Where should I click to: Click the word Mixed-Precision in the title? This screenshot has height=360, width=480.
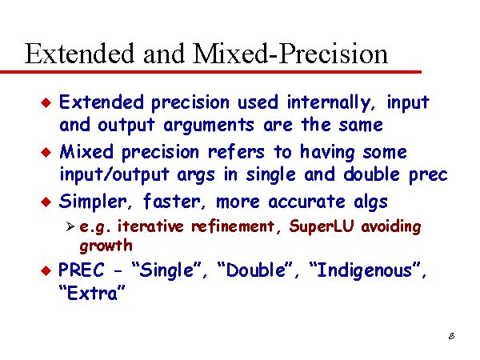pos(290,54)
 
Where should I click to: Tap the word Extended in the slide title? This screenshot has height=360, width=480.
pos(79,54)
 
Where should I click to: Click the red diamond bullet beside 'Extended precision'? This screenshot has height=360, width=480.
pos(46,103)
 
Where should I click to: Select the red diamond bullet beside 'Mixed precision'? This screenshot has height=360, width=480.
pos(46,152)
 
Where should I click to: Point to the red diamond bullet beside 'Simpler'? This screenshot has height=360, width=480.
pos(46,202)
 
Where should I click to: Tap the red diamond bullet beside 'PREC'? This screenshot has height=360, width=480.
pos(46,270)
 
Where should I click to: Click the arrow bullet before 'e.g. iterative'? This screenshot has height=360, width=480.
pos(70,226)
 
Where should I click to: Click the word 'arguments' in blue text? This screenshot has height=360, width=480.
pos(209,126)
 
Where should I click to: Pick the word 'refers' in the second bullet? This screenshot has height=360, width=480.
pos(236,152)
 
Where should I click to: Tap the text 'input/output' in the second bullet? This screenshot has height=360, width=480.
pos(114,174)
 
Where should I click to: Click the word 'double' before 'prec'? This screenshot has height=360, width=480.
pos(372,174)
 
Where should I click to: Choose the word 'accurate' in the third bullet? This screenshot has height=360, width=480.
pos(306,202)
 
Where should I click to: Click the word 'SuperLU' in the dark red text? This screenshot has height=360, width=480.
pos(322,226)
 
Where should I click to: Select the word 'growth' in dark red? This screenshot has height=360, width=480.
pos(106,246)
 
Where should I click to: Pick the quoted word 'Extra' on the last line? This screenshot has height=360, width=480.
pos(92,293)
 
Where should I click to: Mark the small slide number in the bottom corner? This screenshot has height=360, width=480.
pos(451,336)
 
